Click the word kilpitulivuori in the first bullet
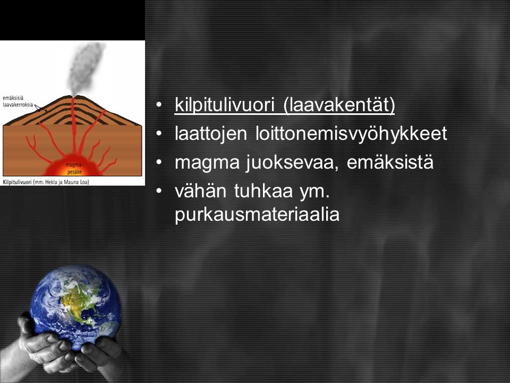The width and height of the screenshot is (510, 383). point(225,105)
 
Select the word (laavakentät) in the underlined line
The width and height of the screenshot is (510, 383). point(339,105)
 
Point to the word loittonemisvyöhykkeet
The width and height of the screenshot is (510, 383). point(351,134)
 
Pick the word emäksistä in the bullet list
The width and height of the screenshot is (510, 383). point(390,162)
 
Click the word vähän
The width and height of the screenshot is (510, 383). point(200,190)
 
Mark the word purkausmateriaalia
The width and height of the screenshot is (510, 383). point(257,214)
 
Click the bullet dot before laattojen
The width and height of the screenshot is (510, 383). point(158,134)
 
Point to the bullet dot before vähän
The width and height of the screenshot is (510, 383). point(158,190)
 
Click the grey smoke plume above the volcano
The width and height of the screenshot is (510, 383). point(85,69)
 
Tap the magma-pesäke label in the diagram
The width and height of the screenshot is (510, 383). point(74,169)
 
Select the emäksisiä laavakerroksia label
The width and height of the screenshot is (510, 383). point(18,101)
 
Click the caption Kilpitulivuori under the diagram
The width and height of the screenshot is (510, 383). point(17,182)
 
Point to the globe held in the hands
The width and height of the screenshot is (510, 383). point(75,306)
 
